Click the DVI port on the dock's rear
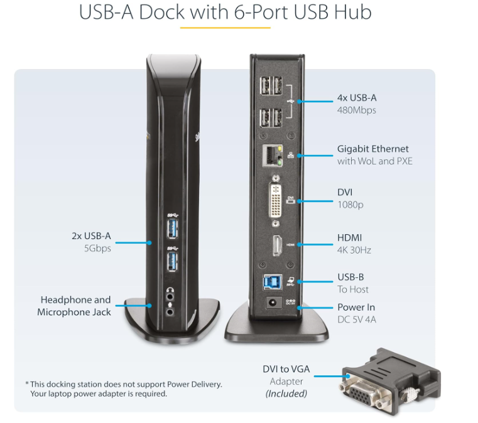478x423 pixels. point(274,200)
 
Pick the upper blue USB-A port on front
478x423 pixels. point(171,228)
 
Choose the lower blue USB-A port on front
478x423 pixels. point(171,261)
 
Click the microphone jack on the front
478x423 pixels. point(171,309)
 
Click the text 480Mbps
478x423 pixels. point(357,110)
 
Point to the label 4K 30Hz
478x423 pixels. point(354,250)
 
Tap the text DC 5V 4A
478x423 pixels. point(357,320)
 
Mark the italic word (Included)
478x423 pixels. point(286,394)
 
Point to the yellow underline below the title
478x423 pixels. point(225,28)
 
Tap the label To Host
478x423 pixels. point(353,289)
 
